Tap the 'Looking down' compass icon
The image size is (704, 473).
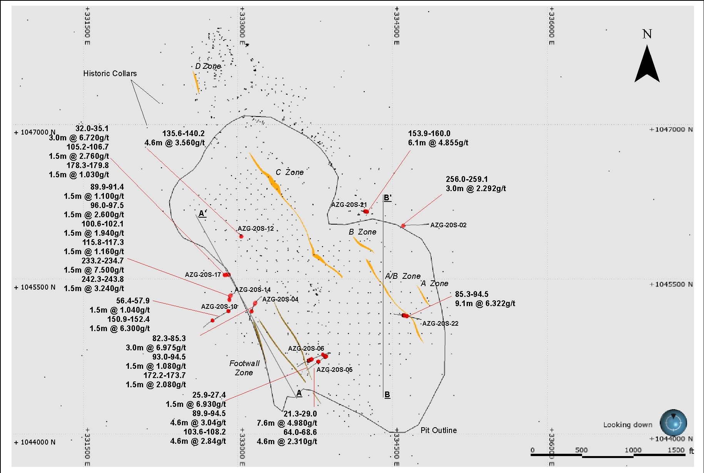tap(673, 423)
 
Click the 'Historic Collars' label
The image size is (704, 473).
tap(110, 73)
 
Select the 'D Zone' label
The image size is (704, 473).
tap(208, 66)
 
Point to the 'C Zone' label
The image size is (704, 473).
tap(290, 172)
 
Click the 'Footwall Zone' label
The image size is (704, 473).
tap(244, 368)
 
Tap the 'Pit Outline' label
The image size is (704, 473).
tap(439, 430)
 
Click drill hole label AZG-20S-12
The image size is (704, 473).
tap(256, 228)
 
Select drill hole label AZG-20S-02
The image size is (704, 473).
tap(448, 225)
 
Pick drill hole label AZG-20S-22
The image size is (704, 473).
tap(440, 323)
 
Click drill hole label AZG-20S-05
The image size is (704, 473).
tap(334, 370)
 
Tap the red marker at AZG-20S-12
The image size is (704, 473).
tap(241, 237)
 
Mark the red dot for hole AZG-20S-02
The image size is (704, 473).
tap(403, 226)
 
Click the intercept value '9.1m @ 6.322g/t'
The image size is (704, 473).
tap(485, 303)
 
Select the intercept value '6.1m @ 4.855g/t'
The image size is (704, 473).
tap(438, 143)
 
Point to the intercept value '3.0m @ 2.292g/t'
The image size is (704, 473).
tap(476, 188)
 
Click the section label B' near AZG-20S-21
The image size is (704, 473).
tap(387, 198)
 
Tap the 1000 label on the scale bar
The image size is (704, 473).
tap(633, 450)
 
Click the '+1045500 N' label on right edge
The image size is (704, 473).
tap(671, 284)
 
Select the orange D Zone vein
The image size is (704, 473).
tap(196, 82)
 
